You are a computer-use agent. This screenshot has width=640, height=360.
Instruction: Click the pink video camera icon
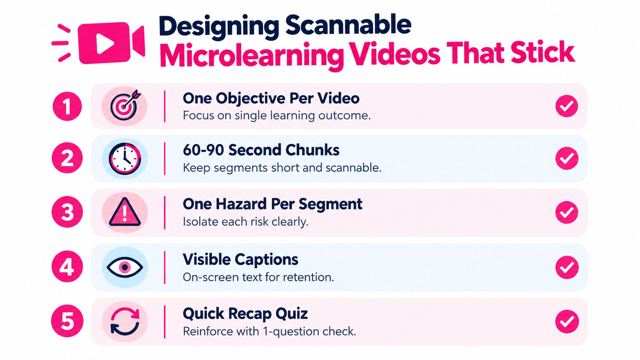point(111,43)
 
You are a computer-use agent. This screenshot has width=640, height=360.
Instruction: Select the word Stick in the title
point(542,52)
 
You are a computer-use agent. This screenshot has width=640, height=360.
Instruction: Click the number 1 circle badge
point(67,106)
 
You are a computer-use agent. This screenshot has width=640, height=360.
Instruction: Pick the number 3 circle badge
point(67,212)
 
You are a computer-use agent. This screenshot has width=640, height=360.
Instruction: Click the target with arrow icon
point(125,105)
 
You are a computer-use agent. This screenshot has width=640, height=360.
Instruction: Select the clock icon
point(125,158)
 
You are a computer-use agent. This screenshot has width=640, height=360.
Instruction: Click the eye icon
point(125,267)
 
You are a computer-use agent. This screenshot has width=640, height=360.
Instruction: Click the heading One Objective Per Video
point(271,98)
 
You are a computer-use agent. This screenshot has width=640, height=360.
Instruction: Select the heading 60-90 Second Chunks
point(261,150)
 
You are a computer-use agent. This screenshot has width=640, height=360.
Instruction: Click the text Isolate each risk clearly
point(245,222)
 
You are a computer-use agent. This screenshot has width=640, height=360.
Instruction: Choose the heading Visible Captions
point(240,260)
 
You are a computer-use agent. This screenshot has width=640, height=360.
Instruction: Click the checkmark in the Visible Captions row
point(567,267)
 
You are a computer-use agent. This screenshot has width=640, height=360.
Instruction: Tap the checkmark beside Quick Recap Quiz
point(567,321)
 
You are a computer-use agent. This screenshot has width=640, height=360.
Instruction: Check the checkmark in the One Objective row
point(567,106)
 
